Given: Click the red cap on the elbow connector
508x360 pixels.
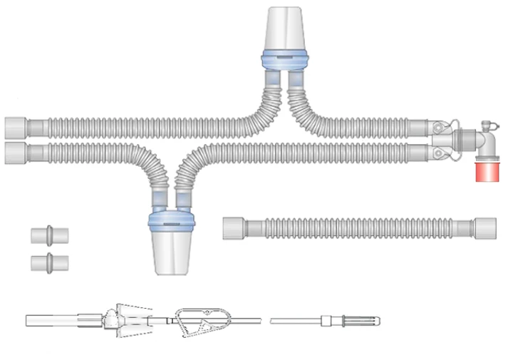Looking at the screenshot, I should tap(488, 173).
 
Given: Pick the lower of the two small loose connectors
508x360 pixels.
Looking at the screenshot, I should tap(48, 261).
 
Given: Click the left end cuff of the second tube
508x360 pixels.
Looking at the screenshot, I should tap(16, 152).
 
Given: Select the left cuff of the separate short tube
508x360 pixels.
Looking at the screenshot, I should tap(234, 228).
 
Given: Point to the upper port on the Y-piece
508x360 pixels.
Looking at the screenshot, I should tap(440, 128).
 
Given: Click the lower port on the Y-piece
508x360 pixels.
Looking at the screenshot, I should tap(440, 151).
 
